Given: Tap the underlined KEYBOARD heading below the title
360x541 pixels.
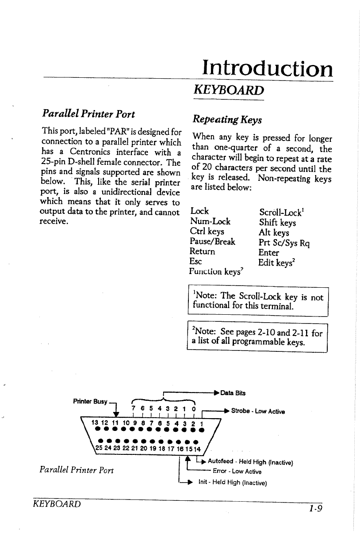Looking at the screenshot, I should [x=229, y=90].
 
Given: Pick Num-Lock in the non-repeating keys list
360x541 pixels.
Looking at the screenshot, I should [x=210, y=221].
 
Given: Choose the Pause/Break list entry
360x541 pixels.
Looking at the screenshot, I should [x=212, y=242].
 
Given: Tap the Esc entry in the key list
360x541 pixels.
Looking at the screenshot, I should [x=195, y=262].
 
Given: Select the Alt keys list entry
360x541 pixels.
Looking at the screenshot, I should [x=274, y=232].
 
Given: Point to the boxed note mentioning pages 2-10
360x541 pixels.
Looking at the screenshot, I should [x=257, y=337].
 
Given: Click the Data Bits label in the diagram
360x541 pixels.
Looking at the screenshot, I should [x=233, y=393].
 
